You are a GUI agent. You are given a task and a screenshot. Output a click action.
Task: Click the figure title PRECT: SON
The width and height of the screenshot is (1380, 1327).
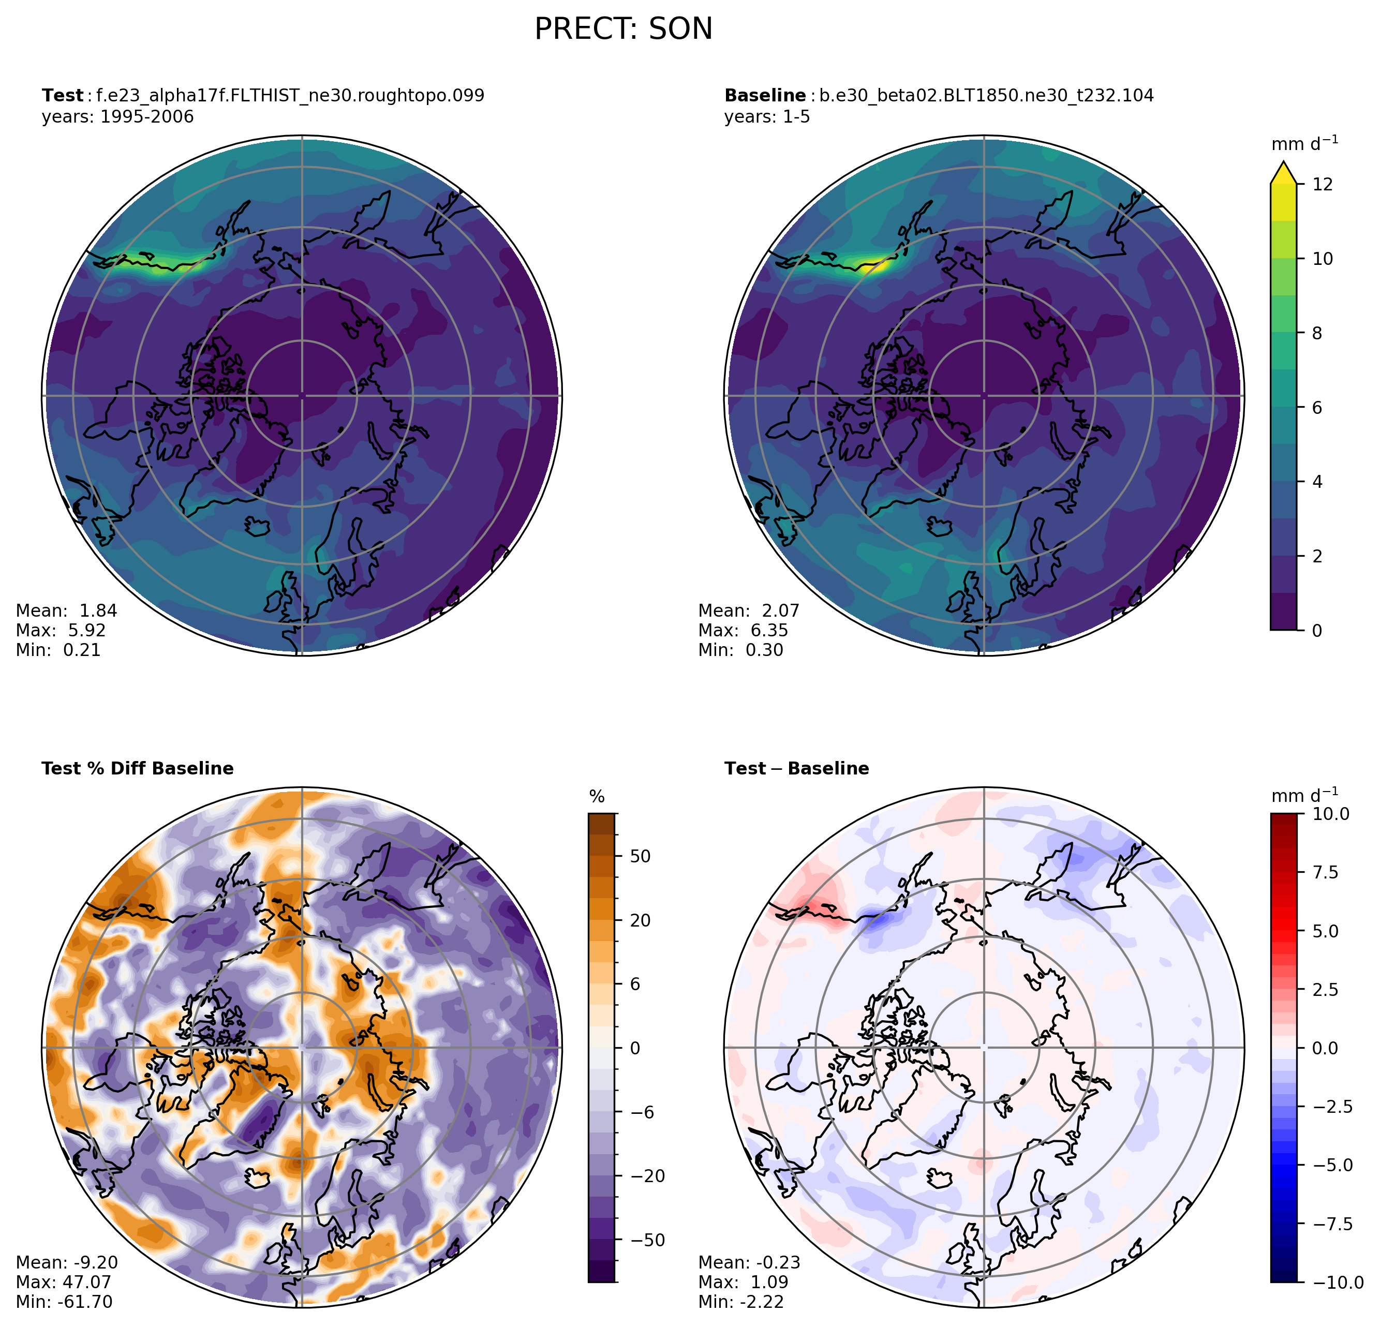(x=623, y=29)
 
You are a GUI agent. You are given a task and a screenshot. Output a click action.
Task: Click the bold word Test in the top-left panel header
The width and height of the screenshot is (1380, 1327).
(x=62, y=96)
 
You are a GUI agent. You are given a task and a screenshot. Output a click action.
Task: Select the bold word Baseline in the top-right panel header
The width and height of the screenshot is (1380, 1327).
(x=765, y=96)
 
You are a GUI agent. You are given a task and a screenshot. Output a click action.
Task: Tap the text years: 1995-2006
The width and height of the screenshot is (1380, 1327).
(x=117, y=117)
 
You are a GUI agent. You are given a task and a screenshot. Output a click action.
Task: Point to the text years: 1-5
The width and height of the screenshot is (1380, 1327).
(x=767, y=117)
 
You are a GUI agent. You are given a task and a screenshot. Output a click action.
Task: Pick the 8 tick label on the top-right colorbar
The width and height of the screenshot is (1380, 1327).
(x=1317, y=333)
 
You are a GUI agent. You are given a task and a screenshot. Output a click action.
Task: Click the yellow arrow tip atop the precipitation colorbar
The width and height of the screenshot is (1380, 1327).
(x=1283, y=169)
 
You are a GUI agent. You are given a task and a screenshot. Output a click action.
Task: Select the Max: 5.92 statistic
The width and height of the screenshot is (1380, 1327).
(x=61, y=630)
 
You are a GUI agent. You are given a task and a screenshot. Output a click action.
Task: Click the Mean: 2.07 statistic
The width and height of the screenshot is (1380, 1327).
(x=748, y=610)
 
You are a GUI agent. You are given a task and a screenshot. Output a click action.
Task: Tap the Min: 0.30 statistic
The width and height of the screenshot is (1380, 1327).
(x=740, y=650)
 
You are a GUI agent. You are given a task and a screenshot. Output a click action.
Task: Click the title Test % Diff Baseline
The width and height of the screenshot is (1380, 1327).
(x=137, y=768)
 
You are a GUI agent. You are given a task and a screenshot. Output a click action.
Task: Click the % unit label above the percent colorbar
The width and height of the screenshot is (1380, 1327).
(x=597, y=797)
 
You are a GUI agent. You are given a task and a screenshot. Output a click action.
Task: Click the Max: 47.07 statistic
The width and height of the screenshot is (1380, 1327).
(x=63, y=1282)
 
